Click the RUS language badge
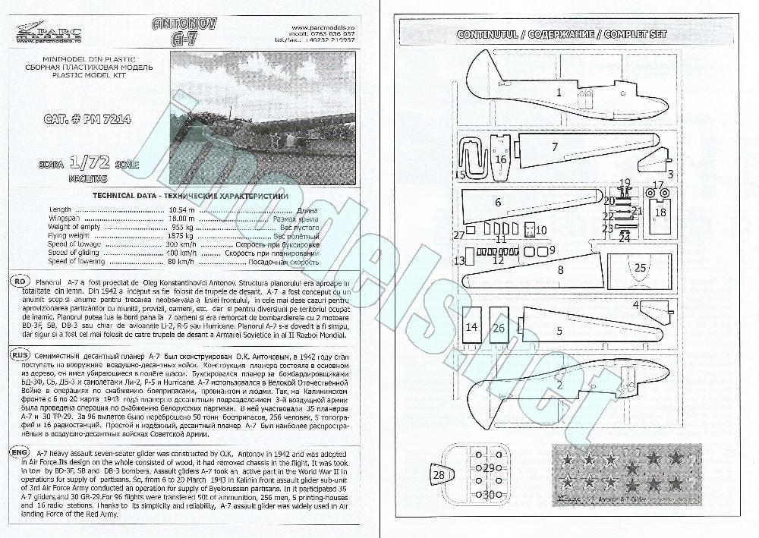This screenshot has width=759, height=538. [20, 355]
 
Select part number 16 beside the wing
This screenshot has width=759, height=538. [501, 159]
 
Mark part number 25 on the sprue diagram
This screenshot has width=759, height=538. [640, 267]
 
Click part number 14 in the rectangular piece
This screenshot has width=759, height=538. [472, 328]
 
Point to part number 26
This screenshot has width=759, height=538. [499, 328]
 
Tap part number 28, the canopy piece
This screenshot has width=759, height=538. [439, 474]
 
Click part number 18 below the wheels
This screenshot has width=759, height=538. [660, 213]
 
